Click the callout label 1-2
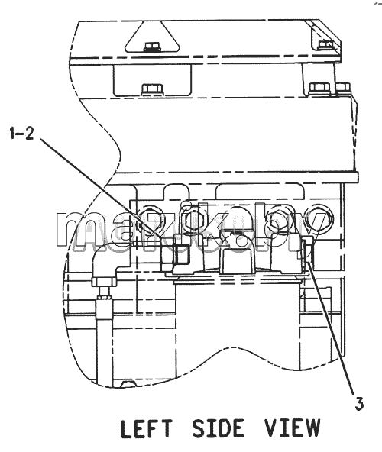click(22, 134)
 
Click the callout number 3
click(359, 403)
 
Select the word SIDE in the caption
click(218, 428)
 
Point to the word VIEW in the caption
click(293, 428)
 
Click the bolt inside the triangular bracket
click(152, 47)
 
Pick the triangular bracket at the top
click(152, 37)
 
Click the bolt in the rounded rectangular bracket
click(152, 89)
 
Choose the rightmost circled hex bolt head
click(321, 218)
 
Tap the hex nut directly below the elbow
click(104, 281)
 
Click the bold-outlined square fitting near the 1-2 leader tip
click(180, 254)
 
